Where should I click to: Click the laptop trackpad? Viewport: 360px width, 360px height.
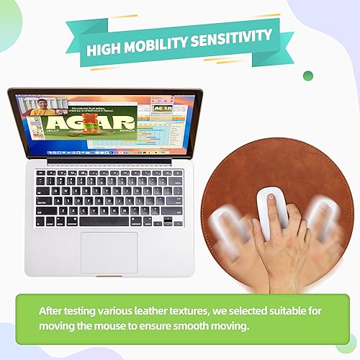coord(109,251)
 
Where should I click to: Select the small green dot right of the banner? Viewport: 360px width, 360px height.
coord(308,76)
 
